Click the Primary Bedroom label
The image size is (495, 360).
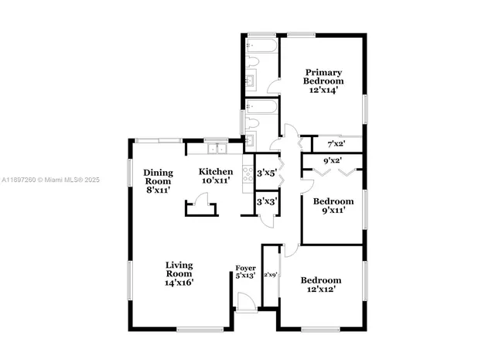(x=323, y=77)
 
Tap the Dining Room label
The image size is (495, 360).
(x=157, y=177)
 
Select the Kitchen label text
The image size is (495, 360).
(x=216, y=171)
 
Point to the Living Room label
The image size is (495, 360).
(x=179, y=269)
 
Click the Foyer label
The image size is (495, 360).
(x=245, y=268)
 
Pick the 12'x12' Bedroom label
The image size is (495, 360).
(x=321, y=285)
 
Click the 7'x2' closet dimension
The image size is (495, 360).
(x=336, y=144)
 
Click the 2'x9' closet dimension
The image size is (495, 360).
(x=271, y=275)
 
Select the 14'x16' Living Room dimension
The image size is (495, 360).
(x=179, y=283)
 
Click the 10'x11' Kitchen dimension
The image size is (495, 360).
(x=216, y=181)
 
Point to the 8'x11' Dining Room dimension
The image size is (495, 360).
(x=157, y=188)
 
